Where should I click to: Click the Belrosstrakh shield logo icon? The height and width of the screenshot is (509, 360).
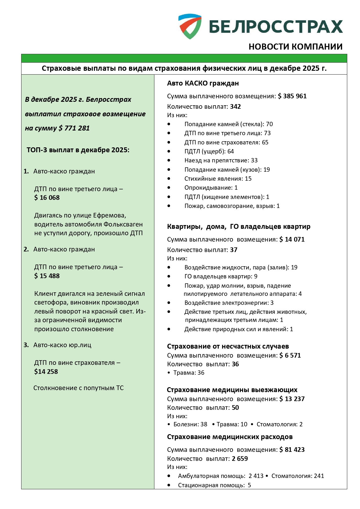click(190, 26)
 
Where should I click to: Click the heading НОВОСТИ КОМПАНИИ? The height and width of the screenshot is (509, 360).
click(295, 47)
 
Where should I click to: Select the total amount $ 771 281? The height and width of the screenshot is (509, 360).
click(74, 128)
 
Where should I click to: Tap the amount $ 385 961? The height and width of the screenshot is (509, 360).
click(292, 96)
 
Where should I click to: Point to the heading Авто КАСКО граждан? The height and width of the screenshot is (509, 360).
click(203, 83)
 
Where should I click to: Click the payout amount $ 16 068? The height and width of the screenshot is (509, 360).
click(47, 198)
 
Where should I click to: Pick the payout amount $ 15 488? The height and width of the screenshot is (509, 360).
click(47, 276)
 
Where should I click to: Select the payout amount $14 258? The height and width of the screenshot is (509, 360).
click(46, 372)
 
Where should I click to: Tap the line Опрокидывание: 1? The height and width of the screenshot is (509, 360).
click(211, 188)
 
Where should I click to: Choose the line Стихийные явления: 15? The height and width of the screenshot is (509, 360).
click(218, 179)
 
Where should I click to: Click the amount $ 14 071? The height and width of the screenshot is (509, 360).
click(292, 239)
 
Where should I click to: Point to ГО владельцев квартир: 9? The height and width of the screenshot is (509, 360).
click(221, 276)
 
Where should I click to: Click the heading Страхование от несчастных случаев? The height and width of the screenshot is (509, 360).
click(228, 346)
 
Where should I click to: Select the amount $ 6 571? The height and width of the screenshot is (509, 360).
click(290, 355)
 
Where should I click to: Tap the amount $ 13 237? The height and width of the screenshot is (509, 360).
click(292, 399)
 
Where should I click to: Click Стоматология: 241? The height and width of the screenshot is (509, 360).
click(298, 476)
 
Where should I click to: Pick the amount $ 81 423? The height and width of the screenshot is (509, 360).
click(292, 450)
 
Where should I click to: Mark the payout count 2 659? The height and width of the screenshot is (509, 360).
click(240, 459)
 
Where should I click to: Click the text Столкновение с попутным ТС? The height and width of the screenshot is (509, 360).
click(78, 388)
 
